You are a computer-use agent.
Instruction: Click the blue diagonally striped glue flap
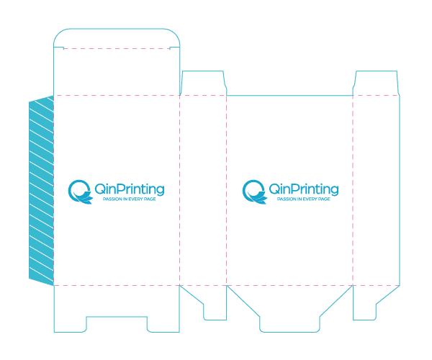click(41, 191)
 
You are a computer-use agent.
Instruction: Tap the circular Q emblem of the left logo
click(80, 192)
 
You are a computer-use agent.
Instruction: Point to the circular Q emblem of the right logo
click(254, 192)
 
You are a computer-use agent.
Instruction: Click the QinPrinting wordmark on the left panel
click(130, 189)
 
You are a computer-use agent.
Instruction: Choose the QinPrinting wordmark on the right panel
click(304, 189)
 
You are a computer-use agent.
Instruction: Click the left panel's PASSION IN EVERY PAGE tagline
click(129, 199)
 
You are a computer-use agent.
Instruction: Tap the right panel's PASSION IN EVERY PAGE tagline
click(303, 199)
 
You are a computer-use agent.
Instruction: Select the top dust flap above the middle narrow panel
click(203, 83)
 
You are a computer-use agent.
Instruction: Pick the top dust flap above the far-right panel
click(376, 83)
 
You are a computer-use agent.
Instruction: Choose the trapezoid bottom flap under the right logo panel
click(289, 308)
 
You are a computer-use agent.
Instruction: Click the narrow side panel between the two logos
click(203, 191)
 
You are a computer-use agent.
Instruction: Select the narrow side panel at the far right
click(376, 191)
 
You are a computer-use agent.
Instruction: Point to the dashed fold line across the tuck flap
click(117, 49)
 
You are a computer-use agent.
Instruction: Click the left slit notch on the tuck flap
click(59, 48)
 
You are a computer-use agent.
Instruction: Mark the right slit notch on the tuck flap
click(175, 48)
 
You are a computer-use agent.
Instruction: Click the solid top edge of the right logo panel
click(289, 96)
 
